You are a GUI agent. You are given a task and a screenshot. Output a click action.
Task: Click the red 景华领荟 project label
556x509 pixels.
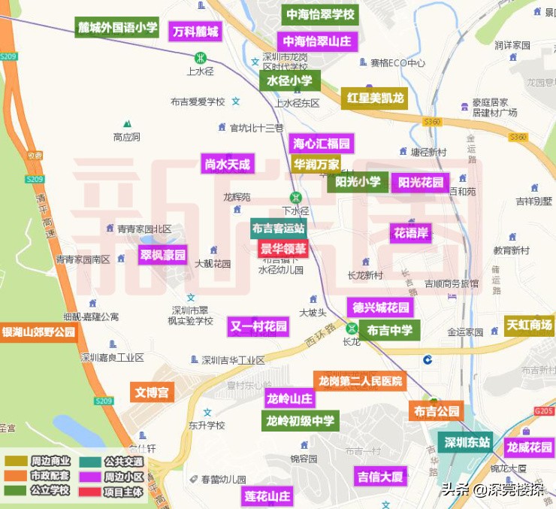[283, 248]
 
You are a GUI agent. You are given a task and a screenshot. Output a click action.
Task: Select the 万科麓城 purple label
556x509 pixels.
[195, 32]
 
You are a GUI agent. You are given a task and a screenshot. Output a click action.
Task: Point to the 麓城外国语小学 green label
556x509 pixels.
[117, 28]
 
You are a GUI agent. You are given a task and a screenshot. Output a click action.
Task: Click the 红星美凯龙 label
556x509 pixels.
[375, 98]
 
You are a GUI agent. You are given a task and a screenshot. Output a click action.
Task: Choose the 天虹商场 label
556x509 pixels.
[529, 326]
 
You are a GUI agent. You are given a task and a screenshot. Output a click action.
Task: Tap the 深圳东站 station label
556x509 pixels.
[467, 442]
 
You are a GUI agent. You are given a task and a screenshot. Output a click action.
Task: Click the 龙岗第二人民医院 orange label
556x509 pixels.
[360, 381]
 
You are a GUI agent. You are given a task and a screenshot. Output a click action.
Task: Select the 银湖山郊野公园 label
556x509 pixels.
[39, 332]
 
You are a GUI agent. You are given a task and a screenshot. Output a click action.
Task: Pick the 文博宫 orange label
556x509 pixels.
[151, 392]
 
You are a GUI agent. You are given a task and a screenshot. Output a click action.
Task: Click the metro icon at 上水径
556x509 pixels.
[200, 58]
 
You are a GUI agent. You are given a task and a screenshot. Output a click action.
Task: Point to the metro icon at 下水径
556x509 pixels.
[297, 198]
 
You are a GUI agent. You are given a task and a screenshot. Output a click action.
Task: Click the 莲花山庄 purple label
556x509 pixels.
[267, 497]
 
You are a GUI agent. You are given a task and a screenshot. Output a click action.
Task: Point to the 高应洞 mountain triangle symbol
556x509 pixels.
[127, 123]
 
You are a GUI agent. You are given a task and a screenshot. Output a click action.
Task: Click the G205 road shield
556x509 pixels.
[542, 411]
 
